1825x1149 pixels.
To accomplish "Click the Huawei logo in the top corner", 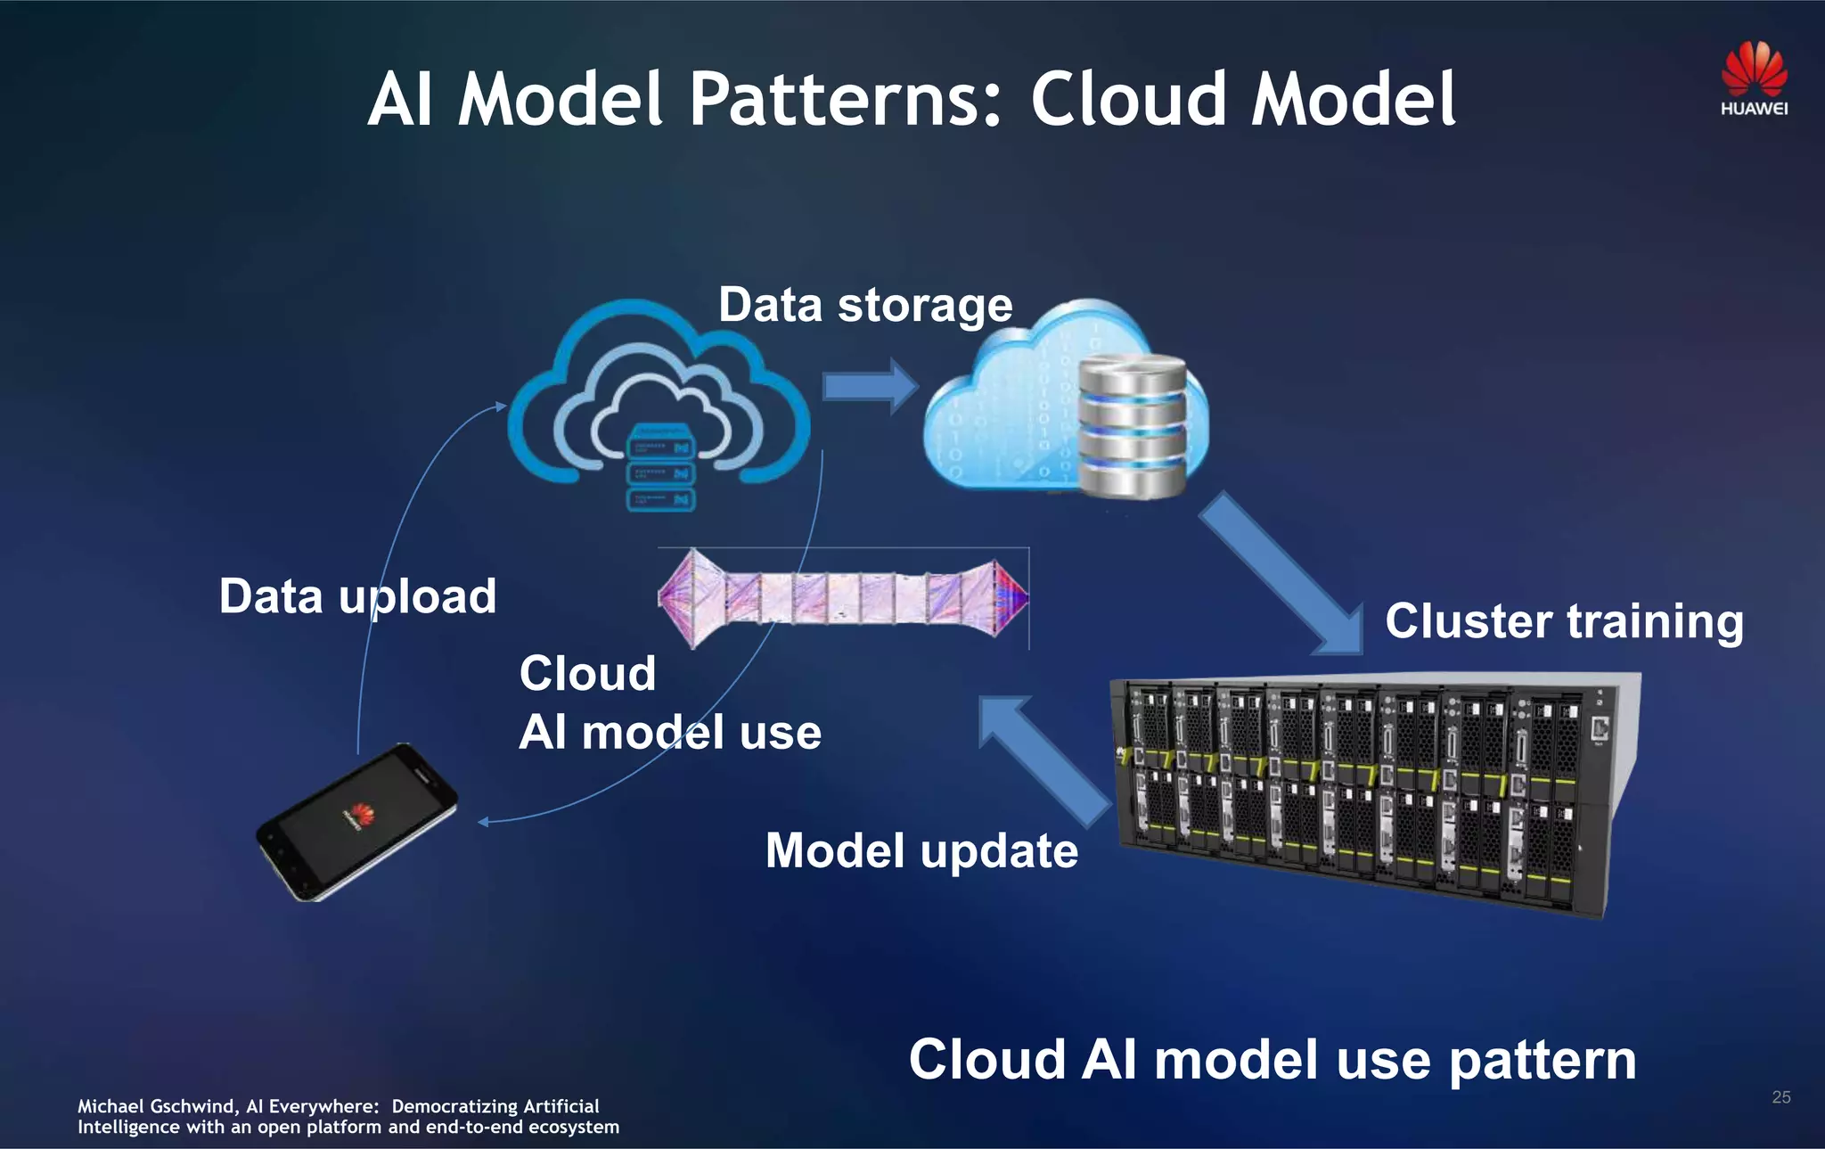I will click(x=1754, y=78).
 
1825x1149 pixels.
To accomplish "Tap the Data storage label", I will click(x=865, y=306).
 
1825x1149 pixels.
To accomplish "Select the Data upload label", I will click(x=357, y=596).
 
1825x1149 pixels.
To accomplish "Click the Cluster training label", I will click(x=1564, y=621).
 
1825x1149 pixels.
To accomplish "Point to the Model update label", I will click(x=921, y=850).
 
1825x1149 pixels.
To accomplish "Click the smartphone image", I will click(x=357, y=822).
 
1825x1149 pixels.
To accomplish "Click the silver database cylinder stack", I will click(x=1133, y=426).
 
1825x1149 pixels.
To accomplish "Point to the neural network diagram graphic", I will click(x=843, y=598).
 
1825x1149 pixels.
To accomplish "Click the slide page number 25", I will click(x=1780, y=1097).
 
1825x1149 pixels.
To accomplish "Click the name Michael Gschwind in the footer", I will click(x=156, y=1106).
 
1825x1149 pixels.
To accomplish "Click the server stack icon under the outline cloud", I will click(x=660, y=471).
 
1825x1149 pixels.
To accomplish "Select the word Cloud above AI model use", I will click(x=587, y=673).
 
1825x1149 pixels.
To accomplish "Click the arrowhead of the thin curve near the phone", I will click(x=483, y=822).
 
